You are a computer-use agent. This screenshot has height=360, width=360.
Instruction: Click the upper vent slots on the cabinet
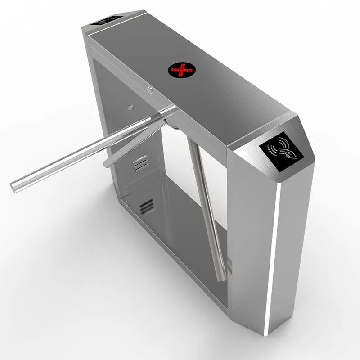140,162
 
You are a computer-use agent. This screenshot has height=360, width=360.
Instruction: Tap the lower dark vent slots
144,207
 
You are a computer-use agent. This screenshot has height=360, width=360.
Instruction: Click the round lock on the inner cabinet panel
130,107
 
